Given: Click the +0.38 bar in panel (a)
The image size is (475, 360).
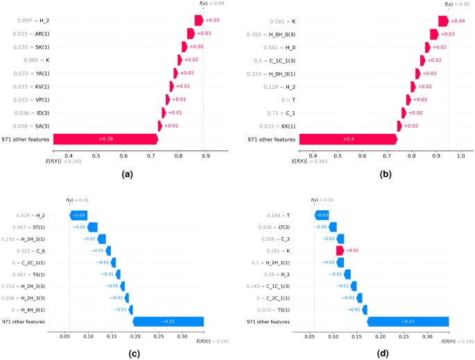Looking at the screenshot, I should point(105,139).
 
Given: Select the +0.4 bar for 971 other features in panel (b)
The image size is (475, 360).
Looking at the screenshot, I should point(347,139).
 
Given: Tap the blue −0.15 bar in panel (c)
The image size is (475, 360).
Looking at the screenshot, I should point(167,322).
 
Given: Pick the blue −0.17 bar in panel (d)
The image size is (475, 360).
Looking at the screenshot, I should point(407,322).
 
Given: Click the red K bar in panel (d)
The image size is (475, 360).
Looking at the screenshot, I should point(340,250).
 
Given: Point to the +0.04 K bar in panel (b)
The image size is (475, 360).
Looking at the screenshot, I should point(443,21).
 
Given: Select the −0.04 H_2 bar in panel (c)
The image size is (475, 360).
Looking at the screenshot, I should point(78,215).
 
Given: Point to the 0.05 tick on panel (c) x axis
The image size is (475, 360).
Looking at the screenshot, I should point(64,336).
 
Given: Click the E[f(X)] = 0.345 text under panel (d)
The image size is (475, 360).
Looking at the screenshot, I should point(461,342).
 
